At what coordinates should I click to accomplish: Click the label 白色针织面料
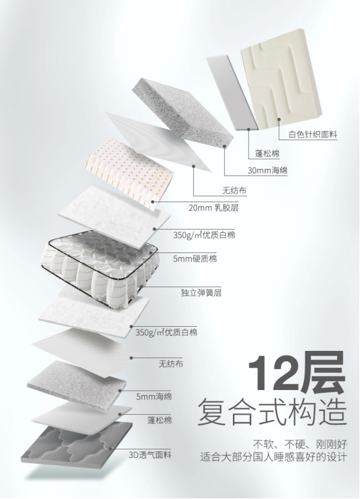click(312, 134)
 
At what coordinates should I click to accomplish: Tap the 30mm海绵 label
click(267, 170)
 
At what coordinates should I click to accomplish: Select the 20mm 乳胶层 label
click(213, 208)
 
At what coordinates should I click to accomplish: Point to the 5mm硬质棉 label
click(195, 258)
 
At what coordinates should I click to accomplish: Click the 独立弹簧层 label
click(201, 292)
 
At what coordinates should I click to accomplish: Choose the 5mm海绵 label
click(154, 397)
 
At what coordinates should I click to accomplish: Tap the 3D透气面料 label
click(150, 455)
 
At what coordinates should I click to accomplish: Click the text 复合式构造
click(272, 412)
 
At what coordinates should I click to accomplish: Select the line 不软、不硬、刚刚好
click(300, 444)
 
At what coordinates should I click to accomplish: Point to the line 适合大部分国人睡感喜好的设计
click(273, 457)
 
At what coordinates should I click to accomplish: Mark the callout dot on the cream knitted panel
click(279, 119)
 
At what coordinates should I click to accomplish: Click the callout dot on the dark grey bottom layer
click(110, 449)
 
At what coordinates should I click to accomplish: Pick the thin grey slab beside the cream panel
click(232, 93)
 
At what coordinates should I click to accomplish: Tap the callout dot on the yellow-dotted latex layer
click(153, 201)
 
